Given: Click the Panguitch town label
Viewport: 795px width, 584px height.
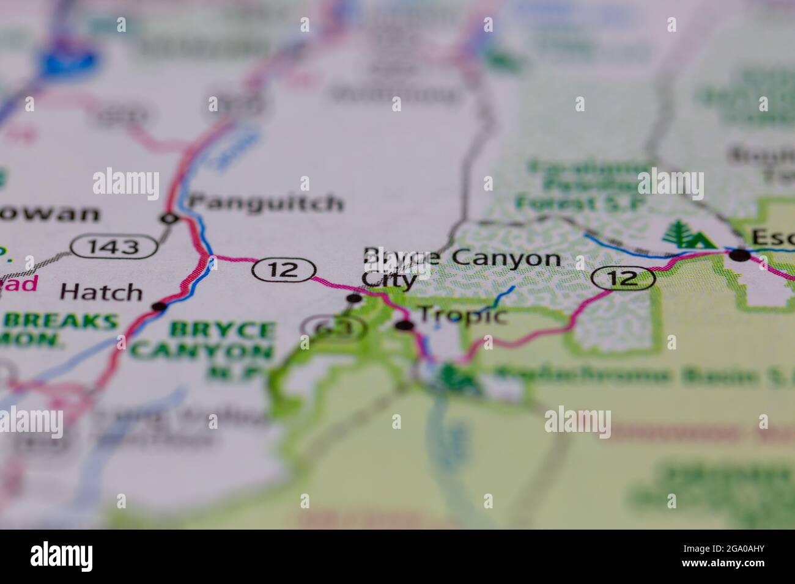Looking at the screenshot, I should point(266,202).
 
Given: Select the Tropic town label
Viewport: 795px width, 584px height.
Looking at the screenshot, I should point(462,316).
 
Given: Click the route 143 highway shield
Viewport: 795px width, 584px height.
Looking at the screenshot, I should point(113,246).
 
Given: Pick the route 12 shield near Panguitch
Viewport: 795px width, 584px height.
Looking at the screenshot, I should point(285,270).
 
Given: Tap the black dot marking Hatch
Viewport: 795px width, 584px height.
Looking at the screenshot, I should point(159,306).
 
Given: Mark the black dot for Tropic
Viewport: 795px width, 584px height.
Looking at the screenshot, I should point(403,325).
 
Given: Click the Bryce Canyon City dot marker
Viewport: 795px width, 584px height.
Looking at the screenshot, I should point(354,298).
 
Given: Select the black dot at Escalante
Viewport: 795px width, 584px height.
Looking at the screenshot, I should point(741,255).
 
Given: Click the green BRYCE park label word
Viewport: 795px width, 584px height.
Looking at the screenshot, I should point(223,330).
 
